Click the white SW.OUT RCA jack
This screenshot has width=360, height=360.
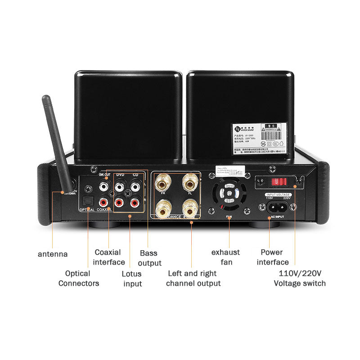pos(104,184)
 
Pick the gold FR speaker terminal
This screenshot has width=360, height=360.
pos(162,184)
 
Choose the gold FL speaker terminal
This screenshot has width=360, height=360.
pos(190,184)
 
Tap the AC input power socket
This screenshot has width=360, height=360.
pos(276,207)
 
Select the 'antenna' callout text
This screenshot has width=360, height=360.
pos(53,254)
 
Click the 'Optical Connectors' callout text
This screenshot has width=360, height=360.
pos(79,278)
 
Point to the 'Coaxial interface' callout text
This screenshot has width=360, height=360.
pos(109,257)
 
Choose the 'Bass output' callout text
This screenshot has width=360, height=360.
pos(149,258)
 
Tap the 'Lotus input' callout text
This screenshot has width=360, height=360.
pos(132,279)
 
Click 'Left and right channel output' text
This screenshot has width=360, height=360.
pos(193,278)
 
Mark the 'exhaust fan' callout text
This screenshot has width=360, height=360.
pos(225,256)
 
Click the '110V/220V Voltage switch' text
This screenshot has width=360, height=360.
pos(300,278)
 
